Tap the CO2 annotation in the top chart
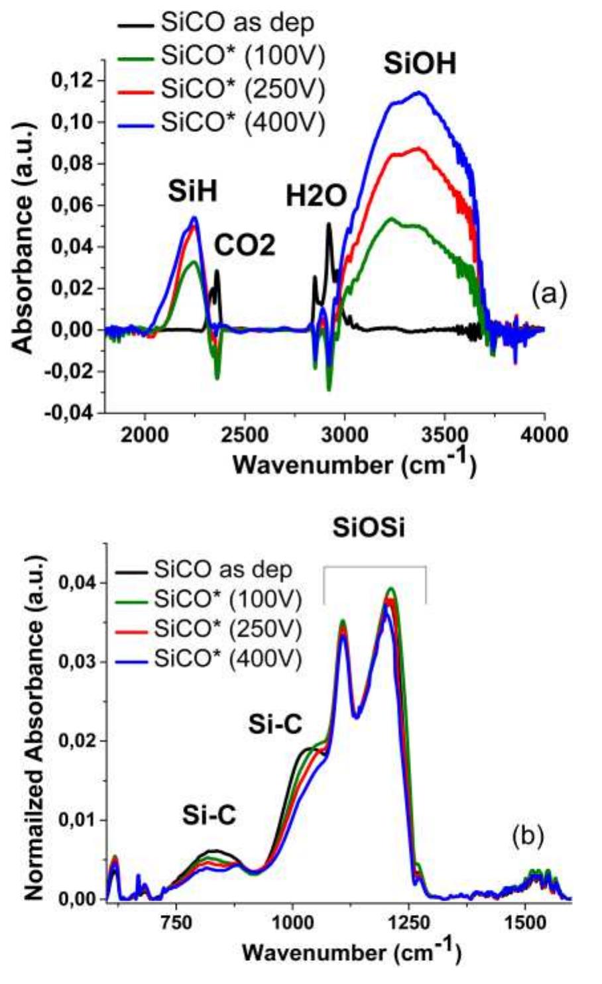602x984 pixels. (x=244, y=246)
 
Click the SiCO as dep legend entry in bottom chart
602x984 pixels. (x=223, y=569)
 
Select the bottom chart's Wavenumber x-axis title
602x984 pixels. (x=351, y=952)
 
